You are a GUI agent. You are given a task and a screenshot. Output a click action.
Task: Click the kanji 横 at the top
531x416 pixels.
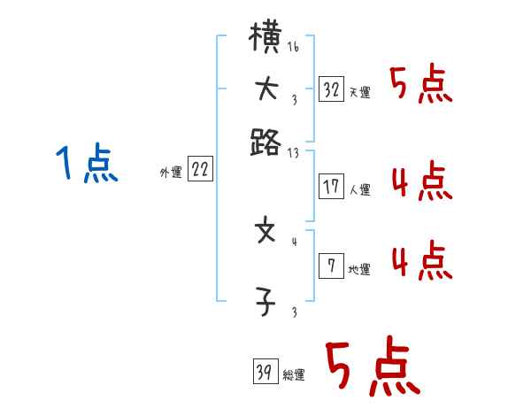tap(266, 42)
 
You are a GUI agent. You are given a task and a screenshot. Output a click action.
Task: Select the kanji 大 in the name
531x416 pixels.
tap(266, 90)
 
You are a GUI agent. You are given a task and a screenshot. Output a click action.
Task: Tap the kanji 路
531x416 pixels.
tap(266, 141)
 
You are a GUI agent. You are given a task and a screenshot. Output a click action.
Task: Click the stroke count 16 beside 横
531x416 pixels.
tap(293, 47)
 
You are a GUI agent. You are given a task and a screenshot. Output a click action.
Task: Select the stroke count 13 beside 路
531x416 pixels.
tap(293, 151)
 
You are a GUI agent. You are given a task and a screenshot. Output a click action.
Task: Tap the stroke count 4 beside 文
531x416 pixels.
tap(294, 240)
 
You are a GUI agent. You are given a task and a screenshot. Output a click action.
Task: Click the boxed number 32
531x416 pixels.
tap(332, 90)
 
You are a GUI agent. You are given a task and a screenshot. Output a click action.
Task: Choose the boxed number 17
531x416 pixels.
tap(332, 187)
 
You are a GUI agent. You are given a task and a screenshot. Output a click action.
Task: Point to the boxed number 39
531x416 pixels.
tap(265, 373)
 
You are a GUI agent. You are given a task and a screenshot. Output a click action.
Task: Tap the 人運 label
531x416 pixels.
tap(359, 189)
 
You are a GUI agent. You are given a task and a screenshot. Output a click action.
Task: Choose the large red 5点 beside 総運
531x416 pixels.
tap(371, 368)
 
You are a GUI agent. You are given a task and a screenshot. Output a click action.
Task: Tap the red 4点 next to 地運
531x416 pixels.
tap(420, 262)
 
